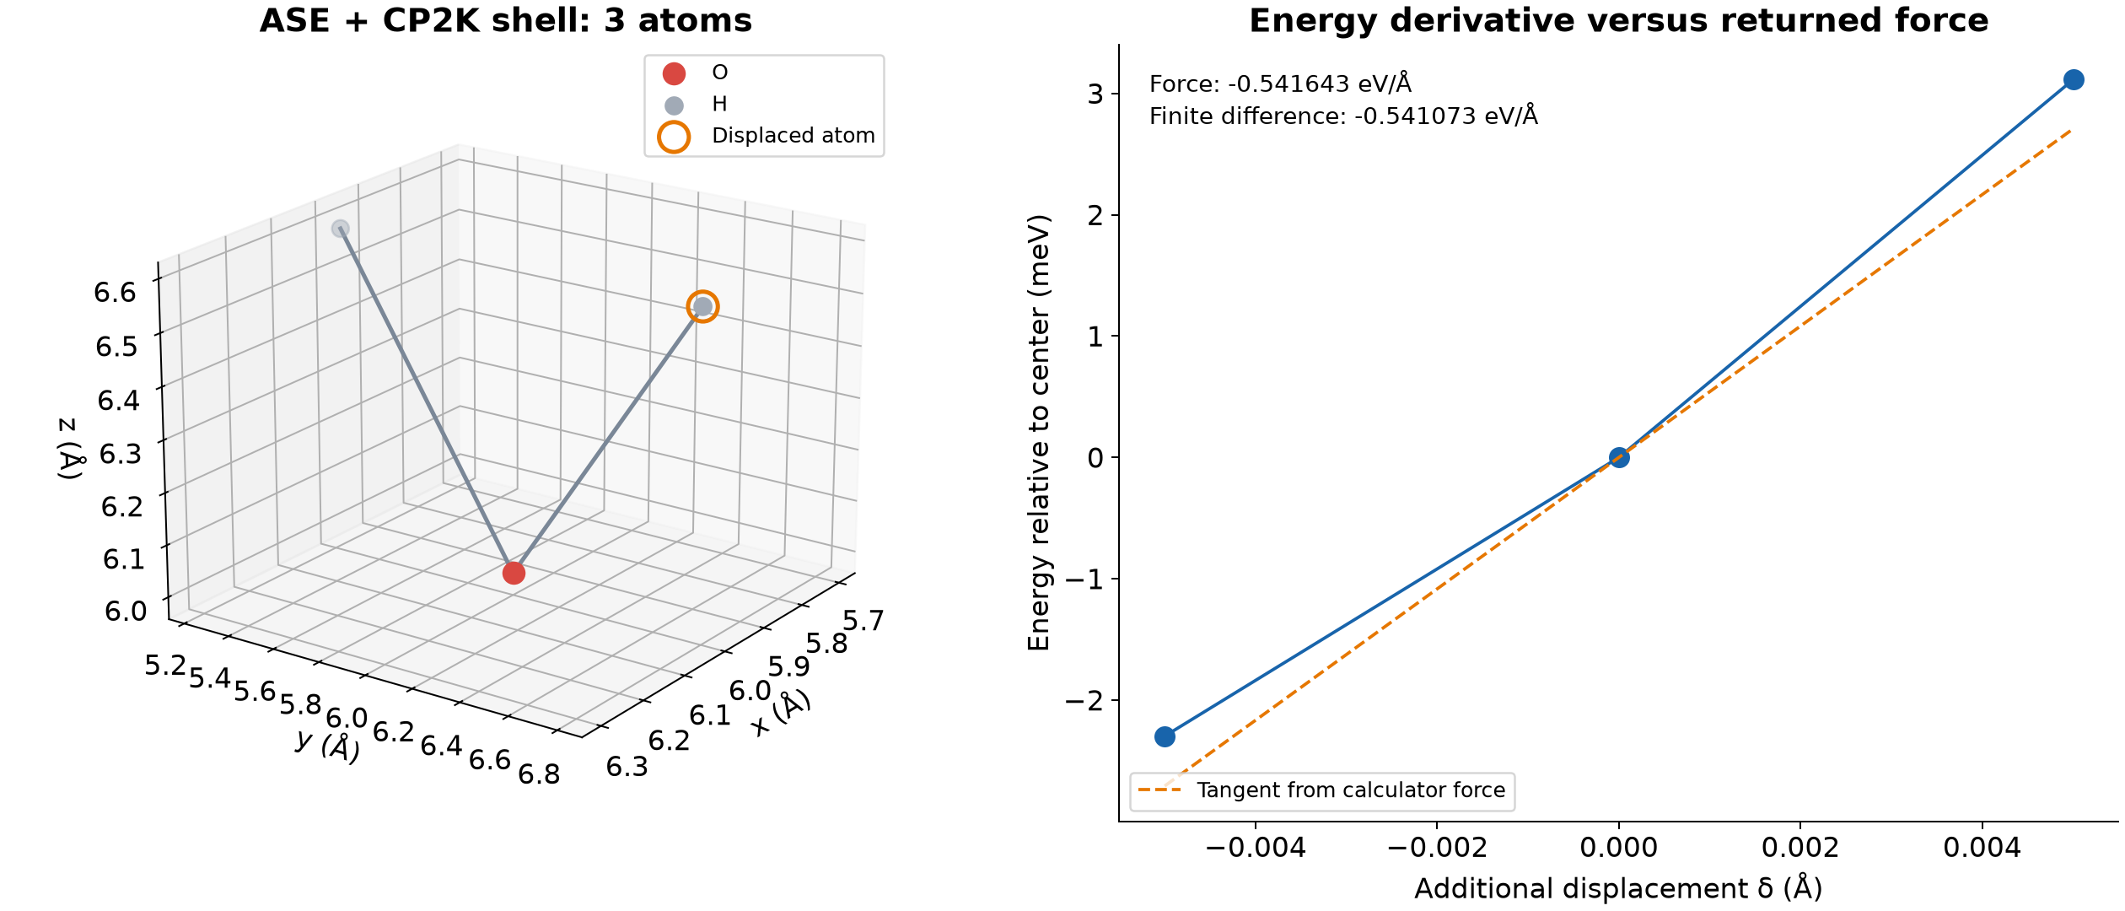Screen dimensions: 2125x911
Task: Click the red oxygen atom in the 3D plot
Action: click(514, 574)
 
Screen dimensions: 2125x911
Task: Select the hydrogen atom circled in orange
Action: click(702, 306)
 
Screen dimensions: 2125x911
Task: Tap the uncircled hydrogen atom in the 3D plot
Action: click(340, 229)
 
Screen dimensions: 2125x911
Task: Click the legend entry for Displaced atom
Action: click(766, 136)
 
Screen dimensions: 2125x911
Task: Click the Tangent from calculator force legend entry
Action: click(1321, 790)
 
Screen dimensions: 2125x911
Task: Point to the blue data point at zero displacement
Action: click(1619, 458)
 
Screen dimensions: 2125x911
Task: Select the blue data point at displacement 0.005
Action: click(2074, 80)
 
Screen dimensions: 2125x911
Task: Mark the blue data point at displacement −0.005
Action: click(1165, 737)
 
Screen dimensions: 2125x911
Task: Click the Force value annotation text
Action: click(1280, 84)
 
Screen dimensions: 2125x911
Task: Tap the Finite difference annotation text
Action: click(1343, 116)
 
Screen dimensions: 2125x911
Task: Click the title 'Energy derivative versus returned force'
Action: click(1618, 20)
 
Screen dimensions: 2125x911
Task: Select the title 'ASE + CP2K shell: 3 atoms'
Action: click(506, 20)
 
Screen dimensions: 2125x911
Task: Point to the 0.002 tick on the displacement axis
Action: click(1800, 848)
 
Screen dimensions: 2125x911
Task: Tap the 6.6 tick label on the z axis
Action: click(115, 293)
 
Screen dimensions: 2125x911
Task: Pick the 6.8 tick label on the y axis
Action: click(540, 774)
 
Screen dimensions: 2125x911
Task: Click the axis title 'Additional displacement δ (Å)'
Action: click(1618, 889)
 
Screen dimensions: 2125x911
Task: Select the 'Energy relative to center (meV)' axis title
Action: click(1039, 433)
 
